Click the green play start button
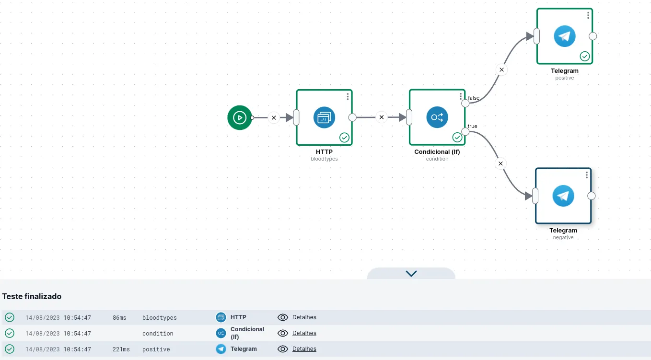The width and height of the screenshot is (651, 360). [x=240, y=117]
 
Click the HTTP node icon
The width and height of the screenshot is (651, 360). [x=324, y=117]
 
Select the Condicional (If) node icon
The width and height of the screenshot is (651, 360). [x=437, y=117]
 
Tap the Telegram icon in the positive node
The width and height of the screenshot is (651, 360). [x=564, y=36]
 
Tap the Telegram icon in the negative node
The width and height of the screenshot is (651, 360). [x=563, y=196]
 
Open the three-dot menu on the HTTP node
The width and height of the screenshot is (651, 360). [x=348, y=96]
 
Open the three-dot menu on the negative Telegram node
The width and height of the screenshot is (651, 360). [x=587, y=175]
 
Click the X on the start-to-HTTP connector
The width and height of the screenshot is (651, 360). [x=274, y=117]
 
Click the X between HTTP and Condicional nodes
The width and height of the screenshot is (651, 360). [x=382, y=117]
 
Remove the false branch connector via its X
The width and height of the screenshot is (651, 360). [x=501, y=70]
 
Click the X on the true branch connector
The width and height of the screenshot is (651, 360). [x=500, y=163]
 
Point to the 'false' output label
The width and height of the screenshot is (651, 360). [x=474, y=98]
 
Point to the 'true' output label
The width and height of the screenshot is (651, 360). [x=472, y=126]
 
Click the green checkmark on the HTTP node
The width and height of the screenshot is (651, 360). [x=344, y=138]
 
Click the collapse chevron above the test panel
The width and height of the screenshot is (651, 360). [x=411, y=273]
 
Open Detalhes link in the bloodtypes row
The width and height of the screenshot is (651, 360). [x=304, y=317]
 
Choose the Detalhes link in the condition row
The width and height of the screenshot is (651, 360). [x=304, y=333]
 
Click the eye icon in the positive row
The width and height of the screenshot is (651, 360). [x=282, y=349]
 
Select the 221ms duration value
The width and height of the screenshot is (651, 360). [x=121, y=349]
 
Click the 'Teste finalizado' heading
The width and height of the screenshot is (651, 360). [x=32, y=296]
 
